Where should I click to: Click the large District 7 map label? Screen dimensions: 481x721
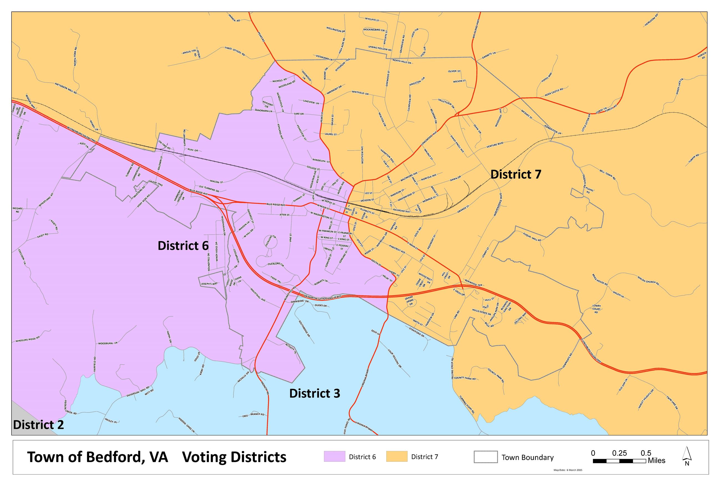[516, 174]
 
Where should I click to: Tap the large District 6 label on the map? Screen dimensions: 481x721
[183, 245]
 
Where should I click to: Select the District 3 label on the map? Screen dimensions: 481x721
[314, 393]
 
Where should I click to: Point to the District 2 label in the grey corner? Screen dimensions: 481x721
[39, 425]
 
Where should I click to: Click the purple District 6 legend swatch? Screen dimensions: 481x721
[334, 457]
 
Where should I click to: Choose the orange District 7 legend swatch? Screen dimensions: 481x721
[397, 457]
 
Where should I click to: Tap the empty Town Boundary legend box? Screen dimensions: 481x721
[485, 457]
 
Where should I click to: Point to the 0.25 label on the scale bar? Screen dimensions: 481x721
[619, 453]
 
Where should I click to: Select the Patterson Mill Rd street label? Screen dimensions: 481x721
[66, 88]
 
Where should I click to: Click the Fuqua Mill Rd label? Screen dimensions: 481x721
[532, 236]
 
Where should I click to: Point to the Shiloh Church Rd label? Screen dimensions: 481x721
[648, 280]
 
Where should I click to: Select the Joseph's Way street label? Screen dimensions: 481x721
[209, 284]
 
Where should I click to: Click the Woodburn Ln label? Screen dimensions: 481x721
[108, 343]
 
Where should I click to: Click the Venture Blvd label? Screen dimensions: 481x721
[495, 145]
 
